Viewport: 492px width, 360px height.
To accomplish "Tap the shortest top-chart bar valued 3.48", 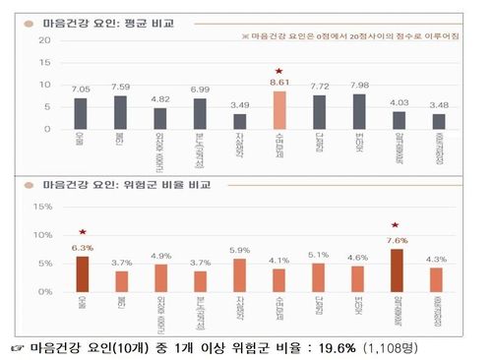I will point(438,121).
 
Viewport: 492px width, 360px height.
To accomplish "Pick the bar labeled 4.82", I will point(159,118).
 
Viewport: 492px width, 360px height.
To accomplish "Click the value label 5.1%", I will point(319,254).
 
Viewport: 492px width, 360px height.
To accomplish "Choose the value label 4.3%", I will point(438,259).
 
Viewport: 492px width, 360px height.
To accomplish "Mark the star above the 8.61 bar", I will point(279,72).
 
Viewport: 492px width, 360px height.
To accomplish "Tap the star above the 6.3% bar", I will point(82,233).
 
